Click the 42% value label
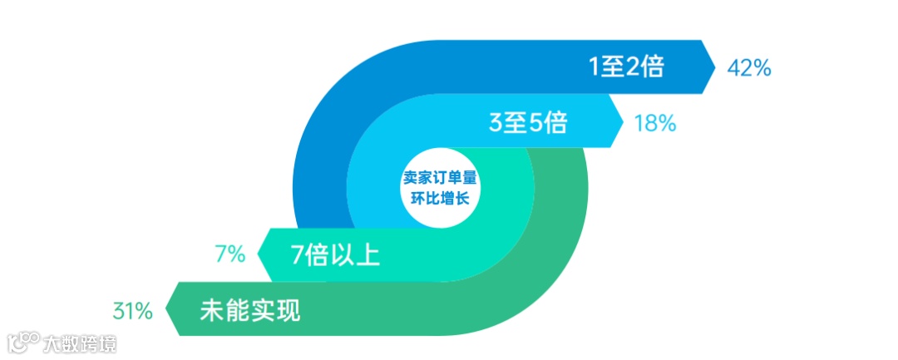(x=749, y=67)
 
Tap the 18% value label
(x=654, y=124)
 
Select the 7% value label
(x=229, y=254)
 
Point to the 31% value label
(x=132, y=312)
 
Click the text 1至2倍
(x=626, y=67)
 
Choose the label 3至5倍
(x=528, y=124)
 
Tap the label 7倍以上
(x=335, y=254)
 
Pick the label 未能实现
(x=249, y=312)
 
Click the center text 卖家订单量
(x=443, y=178)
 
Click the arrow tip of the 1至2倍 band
(x=714, y=67)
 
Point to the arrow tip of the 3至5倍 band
(x=623, y=124)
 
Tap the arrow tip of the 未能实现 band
(x=167, y=311)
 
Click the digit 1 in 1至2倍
(x=594, y=67)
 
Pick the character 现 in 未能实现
(x=288, y=312)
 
